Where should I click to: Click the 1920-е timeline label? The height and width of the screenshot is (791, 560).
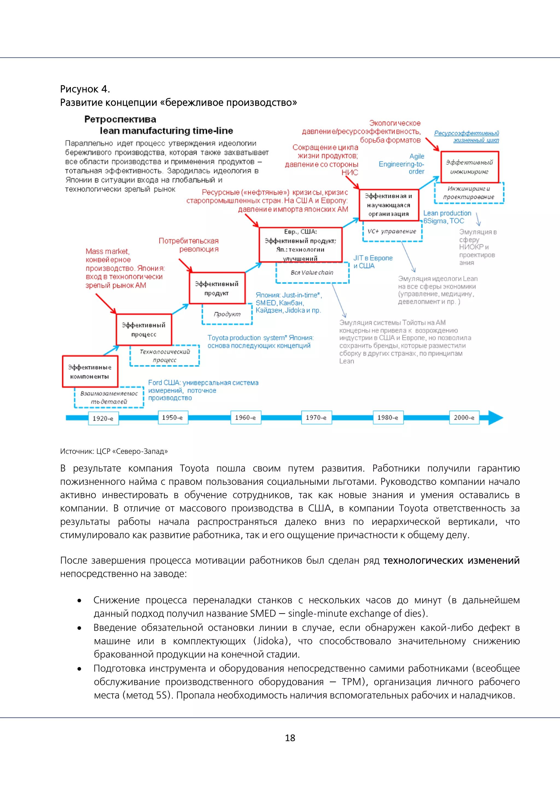pyautogui.click(x=103, y=418)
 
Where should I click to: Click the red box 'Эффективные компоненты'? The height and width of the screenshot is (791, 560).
pyautogui.click(x=90, y=372)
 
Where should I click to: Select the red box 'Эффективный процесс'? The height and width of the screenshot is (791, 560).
pyautogui.click(x=144, y=330)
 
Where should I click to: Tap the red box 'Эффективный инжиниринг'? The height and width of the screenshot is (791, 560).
pyautogui.click(x=470, y=167)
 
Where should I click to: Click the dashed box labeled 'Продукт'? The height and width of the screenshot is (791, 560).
pyautogui.click(x=227, y=314)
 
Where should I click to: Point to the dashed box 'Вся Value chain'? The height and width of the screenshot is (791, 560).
pyautogui.click(x=312, y=273)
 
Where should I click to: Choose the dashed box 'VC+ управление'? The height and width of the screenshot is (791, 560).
pyautogui.click(x=392, y=232)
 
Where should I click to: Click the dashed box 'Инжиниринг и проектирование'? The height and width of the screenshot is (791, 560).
pyautogui.click(x=469, y=193)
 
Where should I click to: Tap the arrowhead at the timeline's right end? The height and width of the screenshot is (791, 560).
pyautogui.click(x=496, y=418)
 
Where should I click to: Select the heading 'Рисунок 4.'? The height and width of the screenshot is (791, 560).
pyautogui.click(x=85, y=89)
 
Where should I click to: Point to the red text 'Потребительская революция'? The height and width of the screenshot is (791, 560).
pyautogui.click(x=189, y=245)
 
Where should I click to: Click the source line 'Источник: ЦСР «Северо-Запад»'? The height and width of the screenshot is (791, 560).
pyautogui.click(x=114, y=451)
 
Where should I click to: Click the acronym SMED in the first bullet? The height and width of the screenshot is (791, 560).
pyautogui.click(x=263, y=613)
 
